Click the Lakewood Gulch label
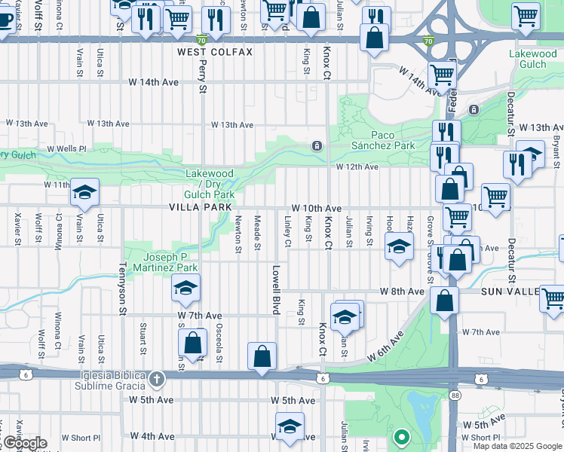click(532, 59)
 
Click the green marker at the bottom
click(402, 436)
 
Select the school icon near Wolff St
click(84, 191)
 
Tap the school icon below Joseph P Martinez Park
click(185, 287)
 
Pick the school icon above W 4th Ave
click(290, 425)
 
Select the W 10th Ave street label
click(317, 208)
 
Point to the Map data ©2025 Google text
click(516, 446)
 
